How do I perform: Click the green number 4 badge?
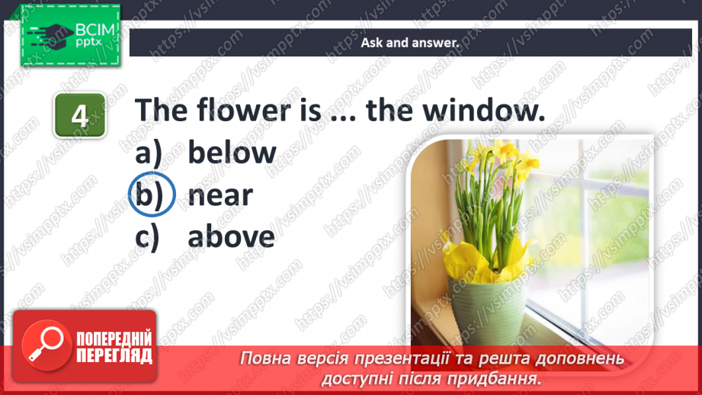pos(79,116)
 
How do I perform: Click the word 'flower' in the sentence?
pos(234,111)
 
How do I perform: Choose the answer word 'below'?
pos(232,153)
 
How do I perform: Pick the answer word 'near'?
pos(220,196)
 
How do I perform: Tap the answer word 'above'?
pos(231,237)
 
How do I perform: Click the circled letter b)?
pos(152,196)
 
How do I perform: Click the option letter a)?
pos(150,153)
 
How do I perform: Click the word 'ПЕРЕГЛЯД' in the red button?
pos(114,355)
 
